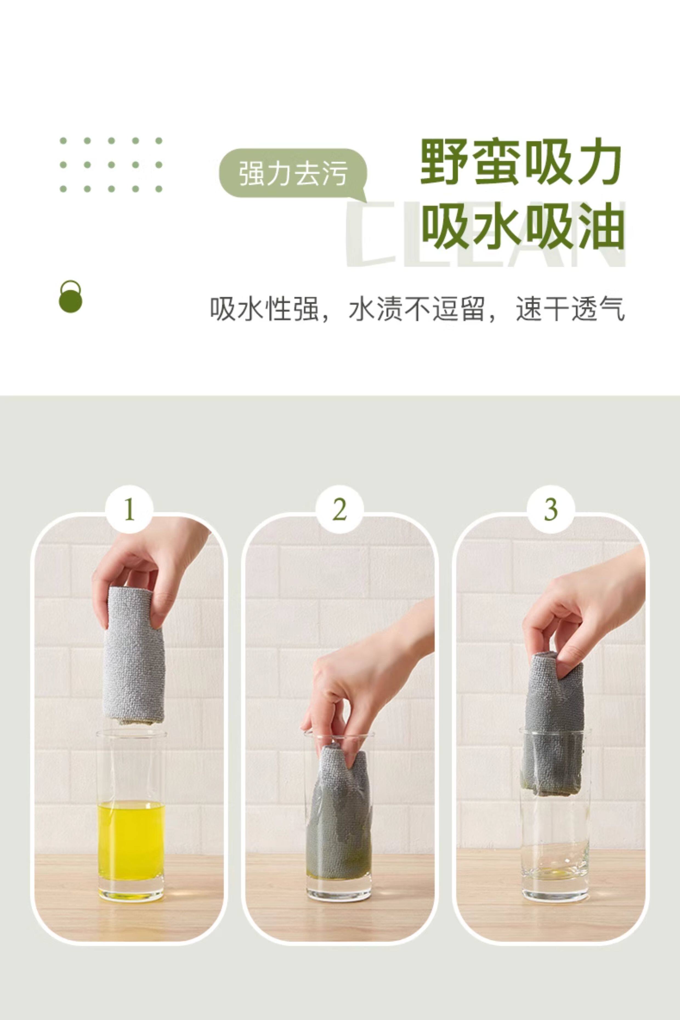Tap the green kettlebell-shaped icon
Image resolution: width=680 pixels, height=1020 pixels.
70,297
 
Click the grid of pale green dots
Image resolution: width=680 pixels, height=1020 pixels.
111,165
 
